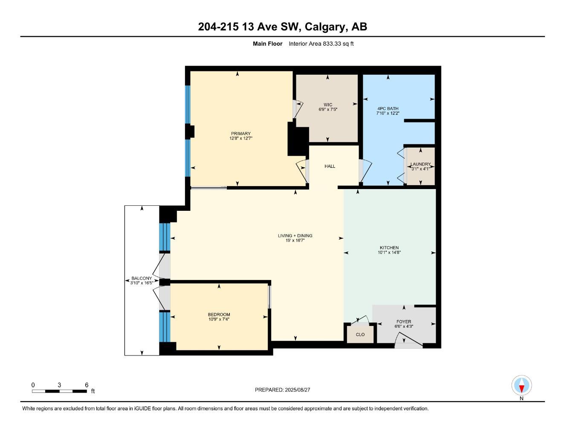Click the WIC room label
pyautogui.click(x=327, y=105)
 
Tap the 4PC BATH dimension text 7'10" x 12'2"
pyautogui.click(x=388, y=114)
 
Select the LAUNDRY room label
pyautogui.click(x=420, y=164)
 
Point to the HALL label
pyautogui.click(x=330, y=166)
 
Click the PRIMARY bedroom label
pyautogui.click(x=241, y=134)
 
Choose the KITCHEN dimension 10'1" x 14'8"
pyautogui.click(x=389, y=252)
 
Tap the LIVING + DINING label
pyautogui.click(x=295, y=236)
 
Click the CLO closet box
pyautogui.click(x=360, y=334)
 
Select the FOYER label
pyautogui.click(x=404, y=322)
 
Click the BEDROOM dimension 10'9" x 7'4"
pyautogui.click(x=219, y=319)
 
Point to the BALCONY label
pyautogui.click(x=142, y=278)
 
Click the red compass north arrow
pyautogui.click(x=522, y=388)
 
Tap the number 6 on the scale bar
pyautogui.click(x=87, y=385)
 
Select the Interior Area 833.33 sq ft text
pyautogui.click(x=321, y=44)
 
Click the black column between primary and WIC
pyautogui.click(x=298, y=139)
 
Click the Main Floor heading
pyautogui.click(x=267, y=44)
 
